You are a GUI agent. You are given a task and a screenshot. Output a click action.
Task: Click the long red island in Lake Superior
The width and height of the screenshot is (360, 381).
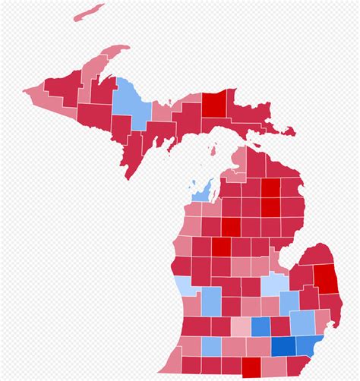tap(90, 11)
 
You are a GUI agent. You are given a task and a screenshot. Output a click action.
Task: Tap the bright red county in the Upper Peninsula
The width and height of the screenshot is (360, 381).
tap(215, 104)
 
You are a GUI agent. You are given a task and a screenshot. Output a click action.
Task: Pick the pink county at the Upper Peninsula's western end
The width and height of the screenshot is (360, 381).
tap(38, 95)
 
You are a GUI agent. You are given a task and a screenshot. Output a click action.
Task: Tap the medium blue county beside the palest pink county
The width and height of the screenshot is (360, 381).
tap(261, 326)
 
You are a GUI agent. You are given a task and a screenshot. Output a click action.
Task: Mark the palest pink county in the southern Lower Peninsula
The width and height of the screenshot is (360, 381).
tap(241, 326)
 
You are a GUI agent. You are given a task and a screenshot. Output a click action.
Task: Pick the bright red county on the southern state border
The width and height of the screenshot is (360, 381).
tap(251, 366)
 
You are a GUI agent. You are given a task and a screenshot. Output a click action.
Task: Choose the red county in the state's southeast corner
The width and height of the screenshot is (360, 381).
tap(292, 367)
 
